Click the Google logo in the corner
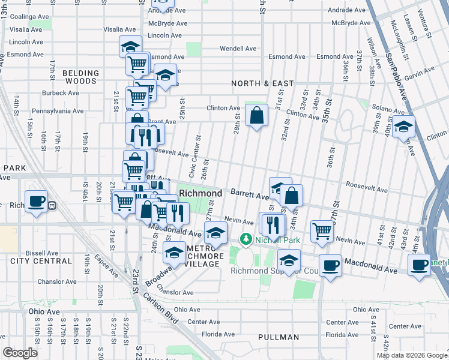[20, 353]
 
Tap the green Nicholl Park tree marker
[246, 239]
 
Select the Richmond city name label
[201, 193]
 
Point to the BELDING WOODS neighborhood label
[79, 77]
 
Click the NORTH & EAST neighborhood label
[264, 83]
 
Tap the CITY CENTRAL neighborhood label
[35, 260]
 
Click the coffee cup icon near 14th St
[36, 201]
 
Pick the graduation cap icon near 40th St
[405, 127]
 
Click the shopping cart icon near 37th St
[322, 231]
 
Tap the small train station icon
[52, 205]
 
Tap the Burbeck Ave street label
[61, 93]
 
